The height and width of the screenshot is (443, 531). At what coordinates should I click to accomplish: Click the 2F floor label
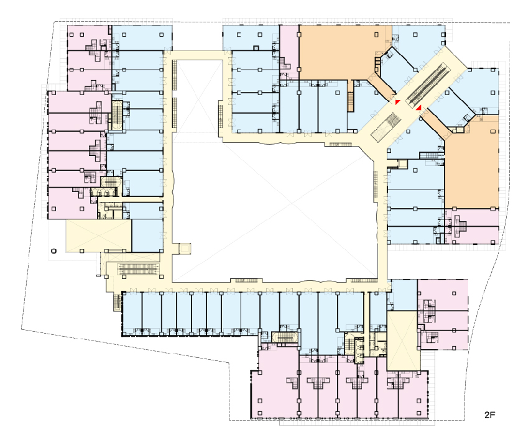490,415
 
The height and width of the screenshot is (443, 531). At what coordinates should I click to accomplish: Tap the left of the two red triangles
397,102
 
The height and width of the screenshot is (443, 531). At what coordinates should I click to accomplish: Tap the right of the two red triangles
419,107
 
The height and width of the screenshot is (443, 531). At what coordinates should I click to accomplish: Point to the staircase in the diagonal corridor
386,127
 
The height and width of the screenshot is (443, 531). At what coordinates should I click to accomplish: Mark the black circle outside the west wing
53,251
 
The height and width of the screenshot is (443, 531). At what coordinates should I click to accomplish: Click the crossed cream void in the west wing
98,236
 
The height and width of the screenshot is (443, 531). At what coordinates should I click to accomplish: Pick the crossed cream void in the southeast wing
404,340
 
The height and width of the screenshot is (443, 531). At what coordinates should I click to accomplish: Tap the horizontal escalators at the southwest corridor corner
138,269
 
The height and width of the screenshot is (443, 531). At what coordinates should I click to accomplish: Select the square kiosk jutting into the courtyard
185,249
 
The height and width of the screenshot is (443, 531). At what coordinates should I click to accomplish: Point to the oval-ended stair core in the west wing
117,115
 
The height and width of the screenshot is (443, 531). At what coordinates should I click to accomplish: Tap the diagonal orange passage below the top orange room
382,86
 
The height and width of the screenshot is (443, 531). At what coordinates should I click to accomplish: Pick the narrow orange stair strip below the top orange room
351,96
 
